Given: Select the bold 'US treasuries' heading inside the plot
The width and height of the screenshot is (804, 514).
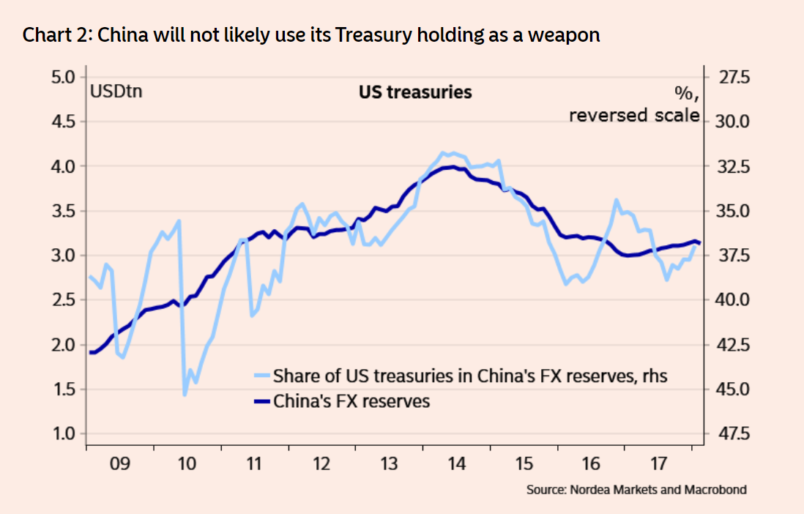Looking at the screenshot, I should click(x=414, y=92).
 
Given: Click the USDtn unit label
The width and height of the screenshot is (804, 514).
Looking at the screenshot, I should click(x=116, y=92).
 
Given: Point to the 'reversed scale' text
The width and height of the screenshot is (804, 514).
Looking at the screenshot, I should click(x=634, y=115).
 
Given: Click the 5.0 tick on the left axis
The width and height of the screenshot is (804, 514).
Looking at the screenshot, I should click(x=64, y=77).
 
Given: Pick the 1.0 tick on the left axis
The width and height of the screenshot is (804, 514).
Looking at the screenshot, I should click(x=64, y=433).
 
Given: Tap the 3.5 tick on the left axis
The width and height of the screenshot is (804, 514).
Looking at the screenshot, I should click(x=64, y=211).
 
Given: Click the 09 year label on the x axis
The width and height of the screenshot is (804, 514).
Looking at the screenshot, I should click(x=120, y=463).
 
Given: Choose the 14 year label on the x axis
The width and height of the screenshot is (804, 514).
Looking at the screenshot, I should click(x=456, y=463).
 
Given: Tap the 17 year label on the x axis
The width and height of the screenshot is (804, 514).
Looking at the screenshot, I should click(x=658, y=463).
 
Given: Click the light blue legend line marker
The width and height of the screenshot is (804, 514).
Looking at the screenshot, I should click(x=262, y=376).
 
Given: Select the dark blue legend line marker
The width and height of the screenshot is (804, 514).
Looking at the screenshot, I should click(x=262, y=401).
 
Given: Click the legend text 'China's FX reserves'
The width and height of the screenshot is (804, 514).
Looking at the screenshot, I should click(x=351, y=401).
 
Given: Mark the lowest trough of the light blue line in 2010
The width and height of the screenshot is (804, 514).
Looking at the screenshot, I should click(x=185, y=395).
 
